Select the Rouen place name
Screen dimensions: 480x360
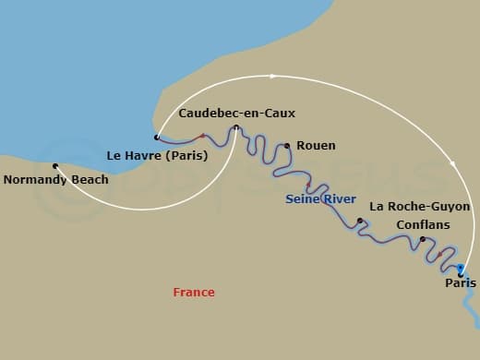coord(317,146)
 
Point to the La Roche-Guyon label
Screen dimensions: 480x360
coord(419,207)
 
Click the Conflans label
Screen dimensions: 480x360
coord(422,224)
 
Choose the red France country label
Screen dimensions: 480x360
coord(194,293)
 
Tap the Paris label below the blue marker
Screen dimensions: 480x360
coord(461,283)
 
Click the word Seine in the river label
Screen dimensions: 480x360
coord(303,198)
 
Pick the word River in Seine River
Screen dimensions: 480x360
coord(339,198)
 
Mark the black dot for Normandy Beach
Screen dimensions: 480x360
coord(55,166)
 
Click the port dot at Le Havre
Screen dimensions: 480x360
coord(157,138)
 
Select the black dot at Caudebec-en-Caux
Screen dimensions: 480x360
coord(236,127)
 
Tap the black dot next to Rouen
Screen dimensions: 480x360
coord(287,146)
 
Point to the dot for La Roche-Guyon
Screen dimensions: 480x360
coord(359,221)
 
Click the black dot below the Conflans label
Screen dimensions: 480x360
coord(422,240)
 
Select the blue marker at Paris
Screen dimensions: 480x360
coord(460,269)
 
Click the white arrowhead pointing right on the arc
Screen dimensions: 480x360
coord(272,76)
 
